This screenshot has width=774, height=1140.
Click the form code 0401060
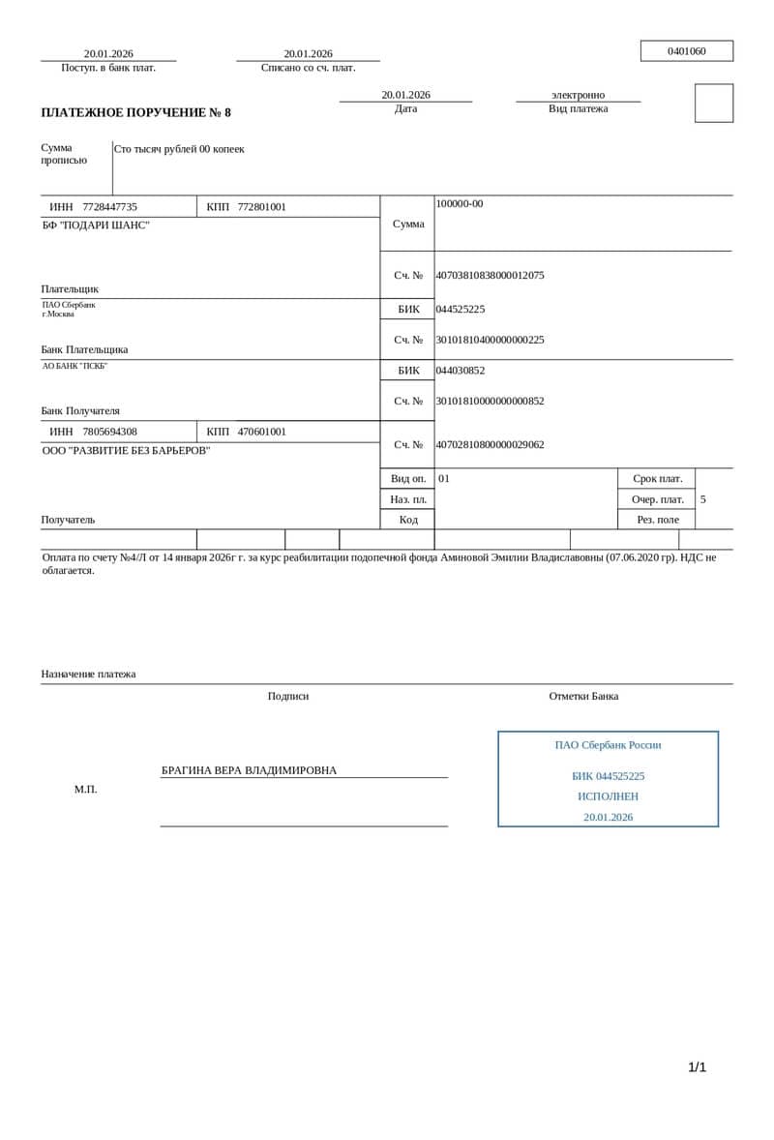pos(686,51)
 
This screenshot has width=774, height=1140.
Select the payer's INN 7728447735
pos(109,207)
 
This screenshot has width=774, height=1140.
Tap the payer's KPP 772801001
pos(261,207)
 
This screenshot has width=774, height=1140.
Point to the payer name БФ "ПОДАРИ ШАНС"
pos(96,225)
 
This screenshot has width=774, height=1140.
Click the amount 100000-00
pos(460,204)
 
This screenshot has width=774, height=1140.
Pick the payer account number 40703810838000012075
pos(490,276)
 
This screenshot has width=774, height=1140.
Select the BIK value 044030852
pos(461,371)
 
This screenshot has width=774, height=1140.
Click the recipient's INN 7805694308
pos(109,432)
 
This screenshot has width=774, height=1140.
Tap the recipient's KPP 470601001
pos(261,432)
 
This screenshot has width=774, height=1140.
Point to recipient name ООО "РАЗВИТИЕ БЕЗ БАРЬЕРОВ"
pos(126,451)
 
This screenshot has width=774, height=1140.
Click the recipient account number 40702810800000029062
pos(490,445)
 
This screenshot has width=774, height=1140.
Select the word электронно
pos(578,95)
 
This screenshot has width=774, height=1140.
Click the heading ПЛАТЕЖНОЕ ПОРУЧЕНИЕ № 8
pos(135,113)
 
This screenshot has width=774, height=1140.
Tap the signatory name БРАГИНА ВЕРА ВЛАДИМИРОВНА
pos(249,770)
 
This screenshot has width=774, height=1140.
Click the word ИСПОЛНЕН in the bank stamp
pos(608,796)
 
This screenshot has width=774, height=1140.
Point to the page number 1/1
pos(697,1067)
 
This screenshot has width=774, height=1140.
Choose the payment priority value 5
pos(703,499)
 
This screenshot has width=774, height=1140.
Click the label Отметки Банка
pos(583,696)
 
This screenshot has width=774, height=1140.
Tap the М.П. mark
pos(85,790)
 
